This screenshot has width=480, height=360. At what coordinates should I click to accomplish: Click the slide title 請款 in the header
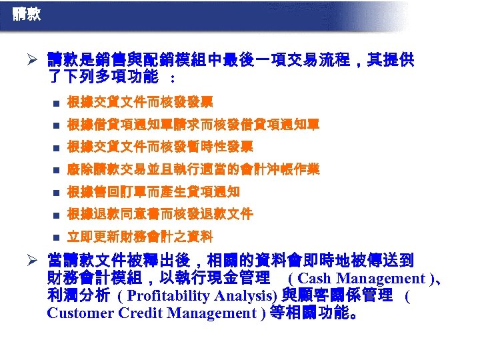coord(26,13)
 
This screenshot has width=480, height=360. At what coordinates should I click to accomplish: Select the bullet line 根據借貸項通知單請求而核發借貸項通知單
coord(193,124)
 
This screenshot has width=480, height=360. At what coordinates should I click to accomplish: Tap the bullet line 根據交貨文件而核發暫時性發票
coord(160,147)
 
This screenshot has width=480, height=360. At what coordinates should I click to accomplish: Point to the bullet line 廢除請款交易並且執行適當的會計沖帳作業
coord(193,169)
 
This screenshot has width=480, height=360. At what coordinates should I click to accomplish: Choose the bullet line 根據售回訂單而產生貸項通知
coord(153,192)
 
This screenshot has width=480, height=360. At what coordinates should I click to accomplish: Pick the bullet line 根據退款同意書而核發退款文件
coord(160,214)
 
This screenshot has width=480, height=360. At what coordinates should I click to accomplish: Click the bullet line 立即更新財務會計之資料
coord(140,237)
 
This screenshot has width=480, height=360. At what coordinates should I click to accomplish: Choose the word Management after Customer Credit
coord(209,313)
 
